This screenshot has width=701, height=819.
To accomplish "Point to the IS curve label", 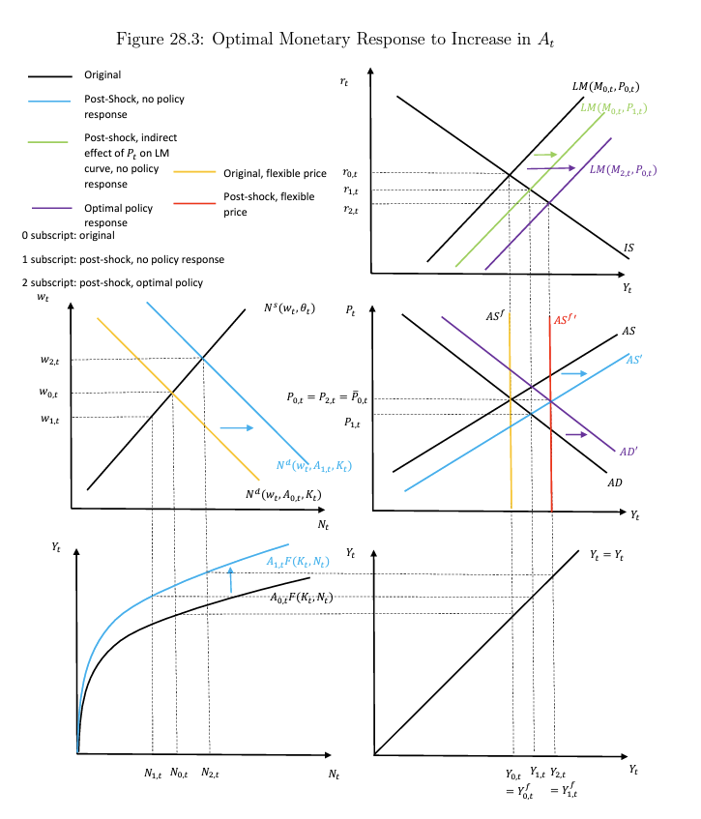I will [x=628, y=249].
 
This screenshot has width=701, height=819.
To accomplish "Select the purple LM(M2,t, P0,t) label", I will [x=623, y=170].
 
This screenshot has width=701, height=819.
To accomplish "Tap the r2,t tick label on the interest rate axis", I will [x=350, y=209].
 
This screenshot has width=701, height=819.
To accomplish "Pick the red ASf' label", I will [x=566, y=320].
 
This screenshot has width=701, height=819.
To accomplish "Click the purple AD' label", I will [x=628, y=451].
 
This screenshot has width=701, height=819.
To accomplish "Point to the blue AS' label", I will [x=635, y=359].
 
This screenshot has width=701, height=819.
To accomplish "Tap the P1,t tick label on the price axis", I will [x=353, y=423].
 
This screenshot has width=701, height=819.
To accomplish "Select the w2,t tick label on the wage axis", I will [x=49, y=360].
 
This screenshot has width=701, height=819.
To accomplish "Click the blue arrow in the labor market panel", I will [x=237, y=426].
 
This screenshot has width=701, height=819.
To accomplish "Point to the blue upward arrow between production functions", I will [x=230, y=579].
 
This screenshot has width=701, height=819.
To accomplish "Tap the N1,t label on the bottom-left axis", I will [x=153, y=773].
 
